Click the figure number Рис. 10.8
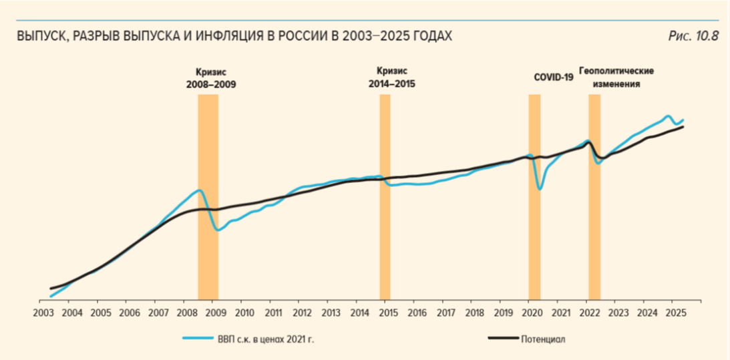[x=693, y=36]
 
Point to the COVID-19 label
[x=554, y=77]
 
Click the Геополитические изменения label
[x=616, y=77]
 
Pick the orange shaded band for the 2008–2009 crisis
[x=208, y=200]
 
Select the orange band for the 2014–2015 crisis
[x=385, y=200]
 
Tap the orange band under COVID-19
[x=534, y=200]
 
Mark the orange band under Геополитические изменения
[x=594, y=200]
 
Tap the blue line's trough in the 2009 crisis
[x=218, y=230]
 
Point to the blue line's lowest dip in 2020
[x=539, y=189]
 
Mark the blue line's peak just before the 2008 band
[x=199, y=190]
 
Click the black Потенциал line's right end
[x=683, y=127]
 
